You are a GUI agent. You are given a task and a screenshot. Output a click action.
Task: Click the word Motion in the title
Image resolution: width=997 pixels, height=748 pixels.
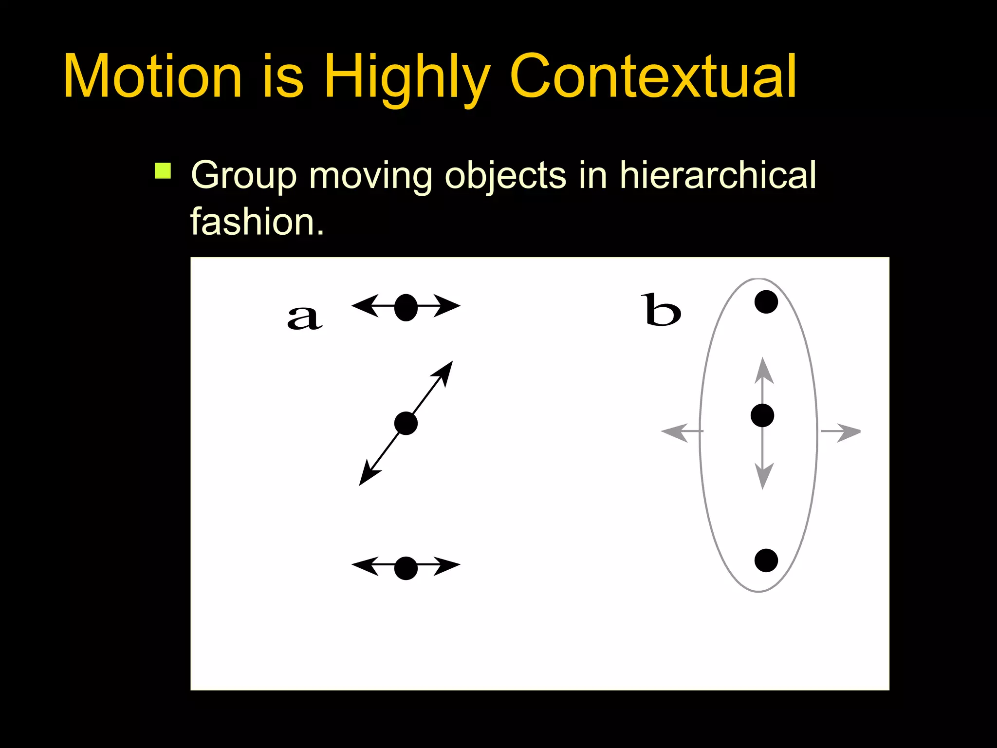coord(152,77)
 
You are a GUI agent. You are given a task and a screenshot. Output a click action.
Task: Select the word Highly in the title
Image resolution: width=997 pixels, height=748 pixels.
coord(406,78)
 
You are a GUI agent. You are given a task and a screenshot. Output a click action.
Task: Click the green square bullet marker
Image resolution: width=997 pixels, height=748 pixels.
coord(163,171)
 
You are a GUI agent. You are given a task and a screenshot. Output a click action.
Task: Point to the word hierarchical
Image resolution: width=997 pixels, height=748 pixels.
coord(718,175)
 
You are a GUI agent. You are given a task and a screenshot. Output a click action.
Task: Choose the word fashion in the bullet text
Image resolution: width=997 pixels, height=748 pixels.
coord(251,222)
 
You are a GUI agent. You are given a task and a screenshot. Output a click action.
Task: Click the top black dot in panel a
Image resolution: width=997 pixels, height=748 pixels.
coord(406,307)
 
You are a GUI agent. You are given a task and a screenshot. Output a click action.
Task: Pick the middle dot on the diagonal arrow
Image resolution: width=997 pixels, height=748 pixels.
coord(406,423)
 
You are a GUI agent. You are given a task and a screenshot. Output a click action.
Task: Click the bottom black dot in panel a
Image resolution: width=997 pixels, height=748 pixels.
coord(406,568)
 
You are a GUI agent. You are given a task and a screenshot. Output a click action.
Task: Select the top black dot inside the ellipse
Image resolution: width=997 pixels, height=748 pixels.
coord(766,301)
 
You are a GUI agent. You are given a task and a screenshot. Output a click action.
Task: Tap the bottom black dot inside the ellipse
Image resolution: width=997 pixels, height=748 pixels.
coord(766,560)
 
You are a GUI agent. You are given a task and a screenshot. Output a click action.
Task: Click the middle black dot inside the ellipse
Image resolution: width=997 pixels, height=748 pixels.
coord(762,416)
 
